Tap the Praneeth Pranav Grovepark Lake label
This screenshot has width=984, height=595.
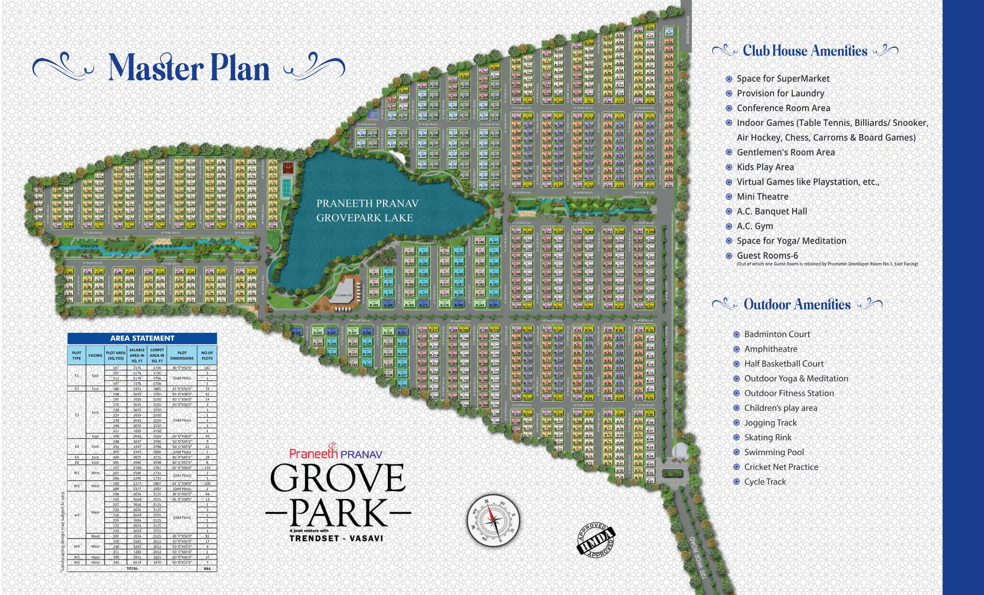[367, 210]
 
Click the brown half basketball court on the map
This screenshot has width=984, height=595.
[288, 168]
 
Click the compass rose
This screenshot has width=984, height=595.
[493, 521]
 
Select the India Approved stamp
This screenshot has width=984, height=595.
[596, 540]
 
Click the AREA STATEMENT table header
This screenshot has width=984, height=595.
[142, 338]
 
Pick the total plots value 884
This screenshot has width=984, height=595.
[207, 569]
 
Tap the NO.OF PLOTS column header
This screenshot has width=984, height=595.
[207, 355]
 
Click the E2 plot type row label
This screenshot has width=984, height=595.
[77, 389]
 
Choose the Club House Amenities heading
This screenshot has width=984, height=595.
[805, 51]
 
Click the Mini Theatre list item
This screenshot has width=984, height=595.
[762, 196]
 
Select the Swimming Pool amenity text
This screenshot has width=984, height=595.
[773, 452]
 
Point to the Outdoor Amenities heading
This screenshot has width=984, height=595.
[797, 305]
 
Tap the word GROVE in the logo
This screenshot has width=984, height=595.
[338, 478]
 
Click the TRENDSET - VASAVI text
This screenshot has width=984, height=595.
[336, 538]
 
